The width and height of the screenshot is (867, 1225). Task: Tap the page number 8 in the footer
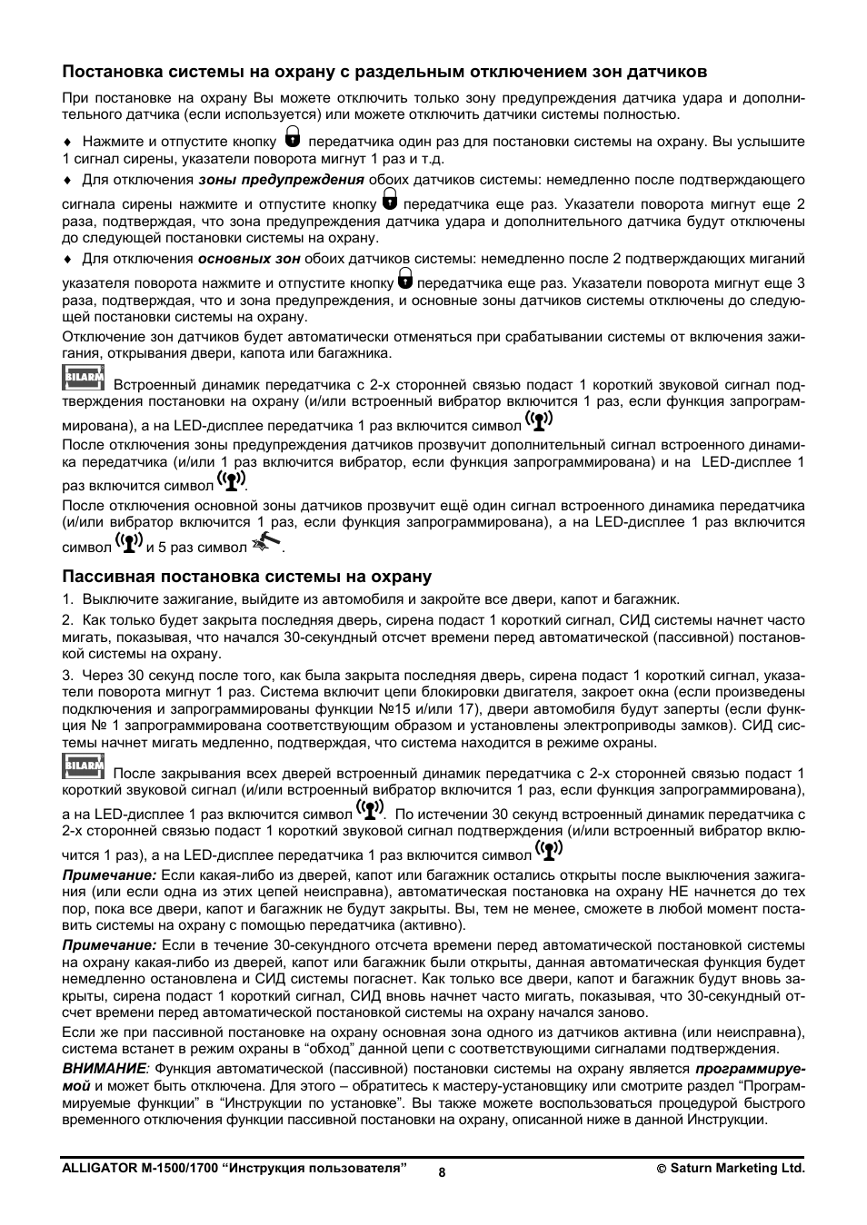coord(442,1172)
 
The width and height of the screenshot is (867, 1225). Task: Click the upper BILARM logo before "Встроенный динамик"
coord(84,378)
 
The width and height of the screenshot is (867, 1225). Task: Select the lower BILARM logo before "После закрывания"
coord(84,766)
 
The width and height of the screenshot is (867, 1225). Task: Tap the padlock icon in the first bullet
coord(292,137)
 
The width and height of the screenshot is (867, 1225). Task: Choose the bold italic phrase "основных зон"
coord(262,259)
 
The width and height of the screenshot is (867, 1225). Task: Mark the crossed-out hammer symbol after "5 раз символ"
coord(266,543)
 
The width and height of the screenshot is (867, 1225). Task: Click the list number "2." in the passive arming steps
coord(67,621)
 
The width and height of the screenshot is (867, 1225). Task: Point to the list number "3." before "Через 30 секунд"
coord(67,676)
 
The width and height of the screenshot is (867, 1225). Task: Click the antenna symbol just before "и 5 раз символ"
coord(129,543)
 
